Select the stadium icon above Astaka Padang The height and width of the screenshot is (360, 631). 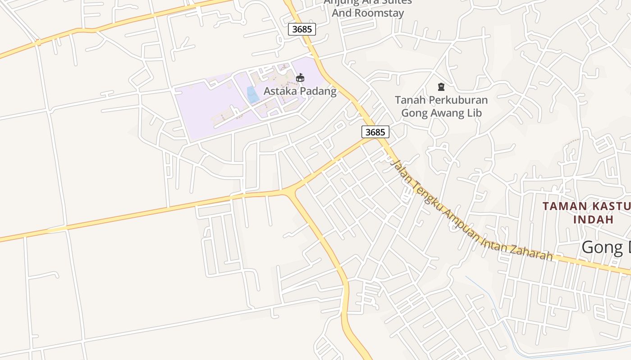pos(300,78)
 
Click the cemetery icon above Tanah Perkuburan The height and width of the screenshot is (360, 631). pos(441,87)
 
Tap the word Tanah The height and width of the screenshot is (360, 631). pos(408,99)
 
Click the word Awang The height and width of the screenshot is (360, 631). pos(440,113)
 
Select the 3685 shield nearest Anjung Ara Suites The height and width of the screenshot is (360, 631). pos(302,29)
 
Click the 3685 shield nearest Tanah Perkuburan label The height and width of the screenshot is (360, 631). pos(375,132)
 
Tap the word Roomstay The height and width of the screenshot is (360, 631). pos(380,13)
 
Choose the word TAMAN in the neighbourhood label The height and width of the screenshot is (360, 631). pos(565,207)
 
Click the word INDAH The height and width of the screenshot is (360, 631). pos(594,220)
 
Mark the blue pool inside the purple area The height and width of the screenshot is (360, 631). pos(253,95)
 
